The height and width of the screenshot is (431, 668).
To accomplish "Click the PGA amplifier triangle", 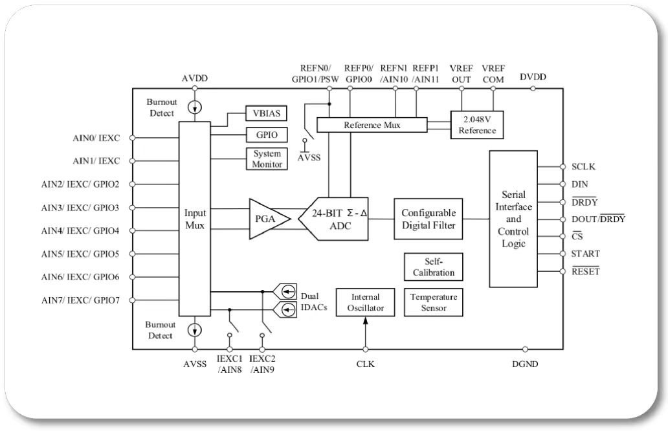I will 267,219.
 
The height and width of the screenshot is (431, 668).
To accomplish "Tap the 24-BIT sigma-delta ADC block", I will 335,219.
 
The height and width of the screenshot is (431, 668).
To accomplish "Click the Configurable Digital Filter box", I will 429,219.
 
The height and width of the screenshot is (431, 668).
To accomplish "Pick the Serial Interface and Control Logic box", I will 513,219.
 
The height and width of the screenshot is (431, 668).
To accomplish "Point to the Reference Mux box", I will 372,125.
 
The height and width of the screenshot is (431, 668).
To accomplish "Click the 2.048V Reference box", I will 477,125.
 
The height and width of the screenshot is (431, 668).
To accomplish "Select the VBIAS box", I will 265,113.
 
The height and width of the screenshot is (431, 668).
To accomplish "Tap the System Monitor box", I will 266,159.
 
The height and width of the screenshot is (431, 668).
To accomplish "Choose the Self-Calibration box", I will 434,267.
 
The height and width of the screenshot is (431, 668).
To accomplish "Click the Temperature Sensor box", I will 434,302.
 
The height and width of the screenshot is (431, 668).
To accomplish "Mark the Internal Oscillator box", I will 365,302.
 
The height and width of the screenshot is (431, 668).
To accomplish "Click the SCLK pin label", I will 583,166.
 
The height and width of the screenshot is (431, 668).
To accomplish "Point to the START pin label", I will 585,254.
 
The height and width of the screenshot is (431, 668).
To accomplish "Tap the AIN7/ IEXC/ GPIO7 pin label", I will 80,300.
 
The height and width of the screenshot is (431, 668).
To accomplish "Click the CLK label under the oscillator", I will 365,364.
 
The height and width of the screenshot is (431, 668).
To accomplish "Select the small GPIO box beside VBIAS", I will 265,135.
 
